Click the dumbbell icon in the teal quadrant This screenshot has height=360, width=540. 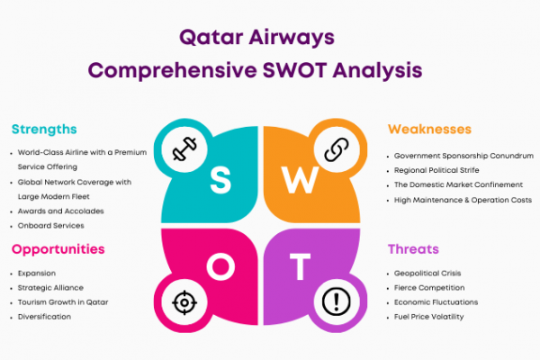[184, 148]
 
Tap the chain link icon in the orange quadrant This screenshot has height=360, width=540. [337, 149]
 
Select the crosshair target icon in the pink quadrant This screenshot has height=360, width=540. [184, 302]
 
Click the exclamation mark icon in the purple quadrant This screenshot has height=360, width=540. [337, 301]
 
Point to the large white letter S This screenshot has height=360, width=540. [220, 179]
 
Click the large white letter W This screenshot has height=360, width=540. [300, 180]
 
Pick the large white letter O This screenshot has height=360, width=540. [220, 266]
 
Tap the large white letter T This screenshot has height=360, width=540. [300, 266]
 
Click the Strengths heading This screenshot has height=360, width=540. [44, 130]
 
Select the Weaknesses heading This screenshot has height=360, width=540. [429, 130]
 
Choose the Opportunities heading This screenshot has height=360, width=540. [58, 249]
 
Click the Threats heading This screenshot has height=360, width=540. [413, 249]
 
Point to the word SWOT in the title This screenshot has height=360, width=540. [295, 70]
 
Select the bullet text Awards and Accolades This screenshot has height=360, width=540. [60, 211]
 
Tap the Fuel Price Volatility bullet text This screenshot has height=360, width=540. [428, 317]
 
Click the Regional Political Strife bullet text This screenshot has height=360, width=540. [436, 170]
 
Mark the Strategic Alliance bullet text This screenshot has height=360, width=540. [50, 288]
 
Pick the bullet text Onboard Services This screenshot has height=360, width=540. [51, 226]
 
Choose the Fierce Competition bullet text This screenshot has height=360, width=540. [429, 288]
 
